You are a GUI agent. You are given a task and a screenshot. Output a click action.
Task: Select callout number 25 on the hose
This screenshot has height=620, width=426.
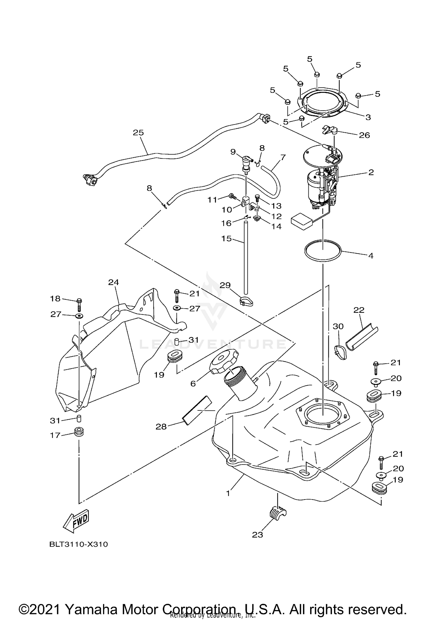click(x=139, y=133)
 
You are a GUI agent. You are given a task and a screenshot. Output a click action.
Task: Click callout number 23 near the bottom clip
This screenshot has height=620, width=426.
click(x=258, y=535)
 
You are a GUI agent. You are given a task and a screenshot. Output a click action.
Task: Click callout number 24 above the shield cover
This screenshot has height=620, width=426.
click(x=114, y=282)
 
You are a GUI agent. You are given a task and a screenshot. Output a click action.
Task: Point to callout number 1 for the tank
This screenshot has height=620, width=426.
click(x=228, y=493)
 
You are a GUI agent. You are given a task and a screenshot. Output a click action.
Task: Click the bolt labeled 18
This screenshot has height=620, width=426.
click(x=79, y=305)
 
